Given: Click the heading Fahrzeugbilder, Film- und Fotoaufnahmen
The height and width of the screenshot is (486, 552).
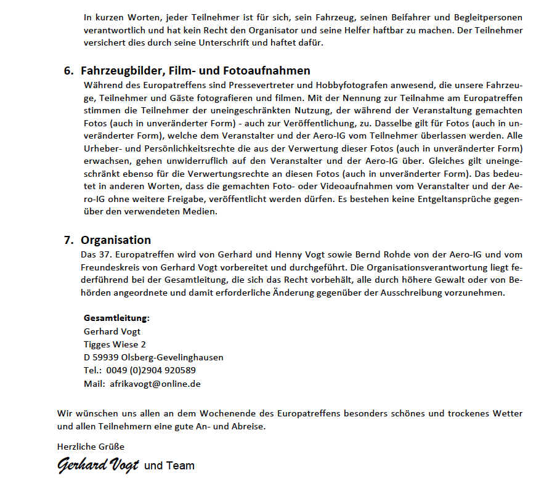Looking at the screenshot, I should coord(195,71).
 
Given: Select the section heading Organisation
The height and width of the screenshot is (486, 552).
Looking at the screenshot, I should coord(116,240).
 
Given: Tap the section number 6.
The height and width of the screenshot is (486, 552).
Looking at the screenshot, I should coord(68,71).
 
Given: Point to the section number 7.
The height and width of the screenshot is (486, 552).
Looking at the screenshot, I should coord(68,240).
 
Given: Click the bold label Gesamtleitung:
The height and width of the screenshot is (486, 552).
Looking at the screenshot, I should coord(116,318).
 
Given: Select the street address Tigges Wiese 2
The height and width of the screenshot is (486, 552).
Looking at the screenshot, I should coord(115,344).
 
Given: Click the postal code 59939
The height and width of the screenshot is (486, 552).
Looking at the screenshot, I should coord(106,357).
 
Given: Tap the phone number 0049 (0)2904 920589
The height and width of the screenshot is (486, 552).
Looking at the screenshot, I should coord(151,370).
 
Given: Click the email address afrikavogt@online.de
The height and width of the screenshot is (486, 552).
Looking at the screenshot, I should coord(155,384).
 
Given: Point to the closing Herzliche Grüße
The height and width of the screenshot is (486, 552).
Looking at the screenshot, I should coord(91,447).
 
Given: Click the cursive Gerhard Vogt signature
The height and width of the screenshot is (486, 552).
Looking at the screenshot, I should coord(98,465).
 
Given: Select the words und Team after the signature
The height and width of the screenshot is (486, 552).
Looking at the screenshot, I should coord(169,466).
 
